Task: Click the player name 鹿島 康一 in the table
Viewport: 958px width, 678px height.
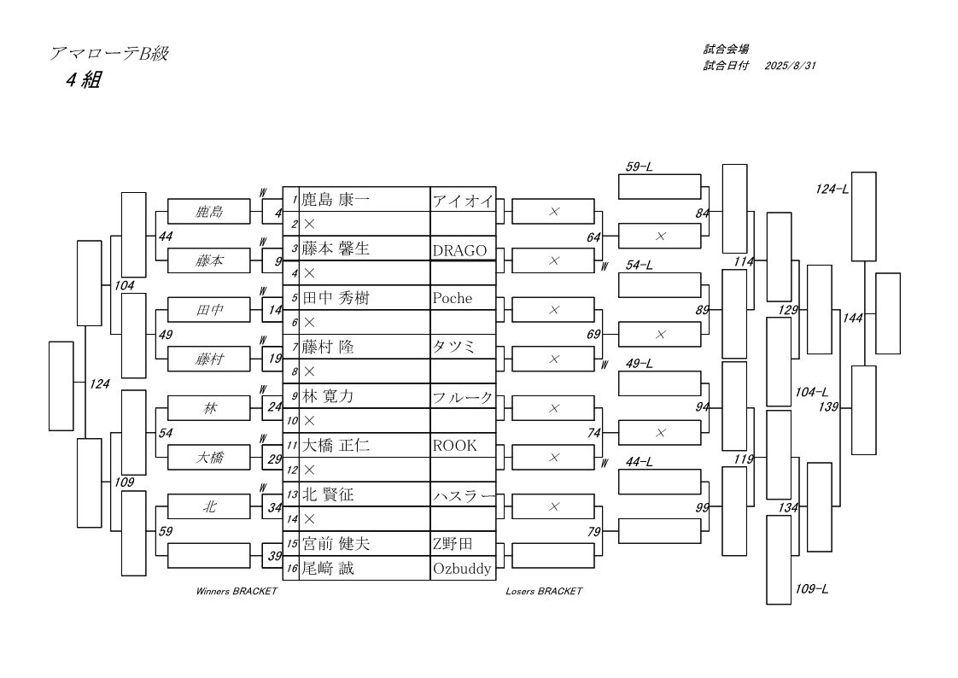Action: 336,200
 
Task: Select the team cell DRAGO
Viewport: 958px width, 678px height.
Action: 459,250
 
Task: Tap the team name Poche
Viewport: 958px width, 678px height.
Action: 453,298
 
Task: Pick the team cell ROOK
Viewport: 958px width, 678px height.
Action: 454,445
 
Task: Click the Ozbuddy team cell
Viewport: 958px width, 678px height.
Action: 462,569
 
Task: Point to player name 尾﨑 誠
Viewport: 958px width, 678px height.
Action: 328,569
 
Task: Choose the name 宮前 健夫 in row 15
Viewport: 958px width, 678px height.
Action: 336,544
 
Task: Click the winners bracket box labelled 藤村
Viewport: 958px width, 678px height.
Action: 209,359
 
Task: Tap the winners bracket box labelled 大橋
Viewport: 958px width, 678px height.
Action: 209,458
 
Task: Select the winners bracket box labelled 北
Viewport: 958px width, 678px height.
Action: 209,506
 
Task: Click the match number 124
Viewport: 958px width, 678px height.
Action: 100,384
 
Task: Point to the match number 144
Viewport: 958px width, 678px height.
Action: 852,318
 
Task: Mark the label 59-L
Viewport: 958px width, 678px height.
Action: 639,167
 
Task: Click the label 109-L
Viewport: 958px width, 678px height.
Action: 811,589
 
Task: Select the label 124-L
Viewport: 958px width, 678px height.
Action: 832,190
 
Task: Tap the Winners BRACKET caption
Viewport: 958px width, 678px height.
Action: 237,591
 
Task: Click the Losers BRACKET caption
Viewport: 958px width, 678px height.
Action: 544,591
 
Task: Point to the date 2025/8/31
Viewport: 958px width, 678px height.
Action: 790,66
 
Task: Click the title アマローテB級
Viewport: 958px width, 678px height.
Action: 108,54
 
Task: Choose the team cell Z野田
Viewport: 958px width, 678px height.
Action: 453,544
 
